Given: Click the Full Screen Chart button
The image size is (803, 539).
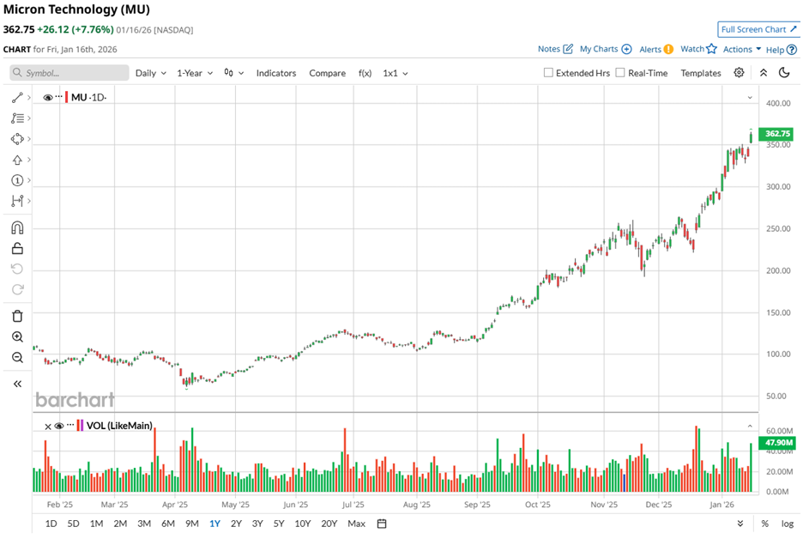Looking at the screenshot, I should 758,29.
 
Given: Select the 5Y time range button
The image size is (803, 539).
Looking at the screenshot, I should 279,524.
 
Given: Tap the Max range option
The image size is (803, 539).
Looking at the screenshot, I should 356,524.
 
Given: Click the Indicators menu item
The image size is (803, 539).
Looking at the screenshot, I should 276,73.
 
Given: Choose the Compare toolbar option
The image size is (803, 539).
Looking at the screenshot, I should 327,73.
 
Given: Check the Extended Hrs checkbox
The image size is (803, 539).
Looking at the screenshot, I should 549,73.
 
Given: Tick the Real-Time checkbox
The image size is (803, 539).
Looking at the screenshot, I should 620,73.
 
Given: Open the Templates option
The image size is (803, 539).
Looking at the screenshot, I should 701,73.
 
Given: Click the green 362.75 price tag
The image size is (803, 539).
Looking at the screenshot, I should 778,133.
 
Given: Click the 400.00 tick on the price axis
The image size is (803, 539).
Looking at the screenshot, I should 778,103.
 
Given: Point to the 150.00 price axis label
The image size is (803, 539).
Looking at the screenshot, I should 778,312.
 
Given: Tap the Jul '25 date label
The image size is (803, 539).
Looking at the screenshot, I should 353,506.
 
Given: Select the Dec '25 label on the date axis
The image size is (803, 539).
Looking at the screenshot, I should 660,506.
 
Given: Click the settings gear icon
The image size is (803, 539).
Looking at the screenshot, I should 739,73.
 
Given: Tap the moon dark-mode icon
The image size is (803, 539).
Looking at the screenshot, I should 784,73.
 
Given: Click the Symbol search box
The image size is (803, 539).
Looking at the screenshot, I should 70,73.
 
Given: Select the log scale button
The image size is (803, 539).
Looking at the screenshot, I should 788,524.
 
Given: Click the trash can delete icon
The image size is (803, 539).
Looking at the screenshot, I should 17,316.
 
